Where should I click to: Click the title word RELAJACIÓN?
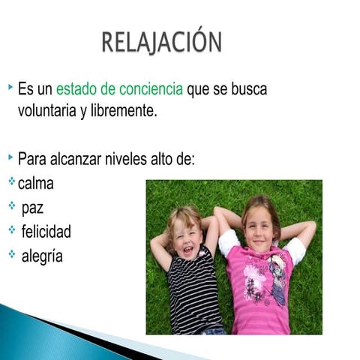(x=161, y=42)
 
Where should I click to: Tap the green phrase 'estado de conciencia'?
(x=119, y=89)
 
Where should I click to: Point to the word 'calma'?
(x=36, y=183)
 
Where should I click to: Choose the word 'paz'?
(x=33, y=207)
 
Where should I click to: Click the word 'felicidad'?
(x=46, y=231)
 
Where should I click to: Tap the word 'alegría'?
(x=42, y=256)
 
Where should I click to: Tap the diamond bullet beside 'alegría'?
(x=12, y=253)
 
